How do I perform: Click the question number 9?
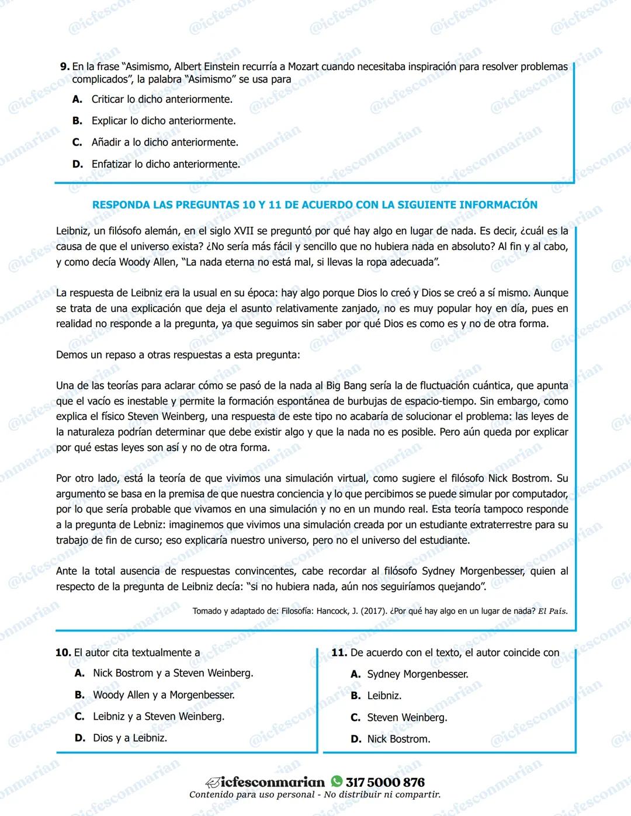click(64, 67)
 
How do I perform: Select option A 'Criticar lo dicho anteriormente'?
click(161, 99)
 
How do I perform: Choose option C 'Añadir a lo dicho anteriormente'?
click(164, 142)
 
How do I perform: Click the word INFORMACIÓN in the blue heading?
click(498, 204)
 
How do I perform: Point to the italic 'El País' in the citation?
click(552, 611)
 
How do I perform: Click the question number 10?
click(63, 652)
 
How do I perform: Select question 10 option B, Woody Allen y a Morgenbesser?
click(163, 695)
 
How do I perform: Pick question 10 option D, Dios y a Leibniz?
click(130, 738)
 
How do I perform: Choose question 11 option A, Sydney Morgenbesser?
click(417, 674)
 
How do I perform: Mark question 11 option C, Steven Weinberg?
click(407, 717)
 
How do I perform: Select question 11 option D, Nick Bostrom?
click(398, 739)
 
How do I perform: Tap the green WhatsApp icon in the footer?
click(337, 782)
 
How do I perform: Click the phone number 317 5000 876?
click(385, 782)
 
